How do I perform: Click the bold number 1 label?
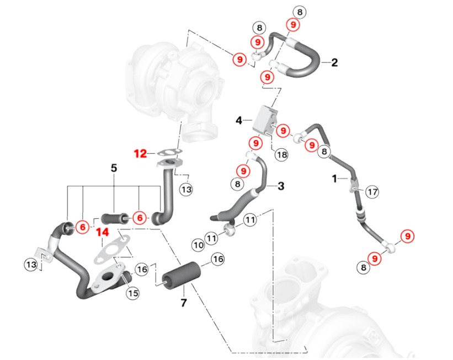coord(334,179)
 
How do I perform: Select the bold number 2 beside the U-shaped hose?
coord(334,62)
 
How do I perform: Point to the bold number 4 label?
coord(239,120)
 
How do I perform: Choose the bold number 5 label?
coord(114,168)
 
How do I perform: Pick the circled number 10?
coord(198,244)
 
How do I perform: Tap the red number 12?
coord(140,153)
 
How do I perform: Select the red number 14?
coord(102,232)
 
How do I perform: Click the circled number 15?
coord(132,293)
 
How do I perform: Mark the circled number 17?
coord(372,192)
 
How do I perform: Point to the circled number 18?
coord(281,155)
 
